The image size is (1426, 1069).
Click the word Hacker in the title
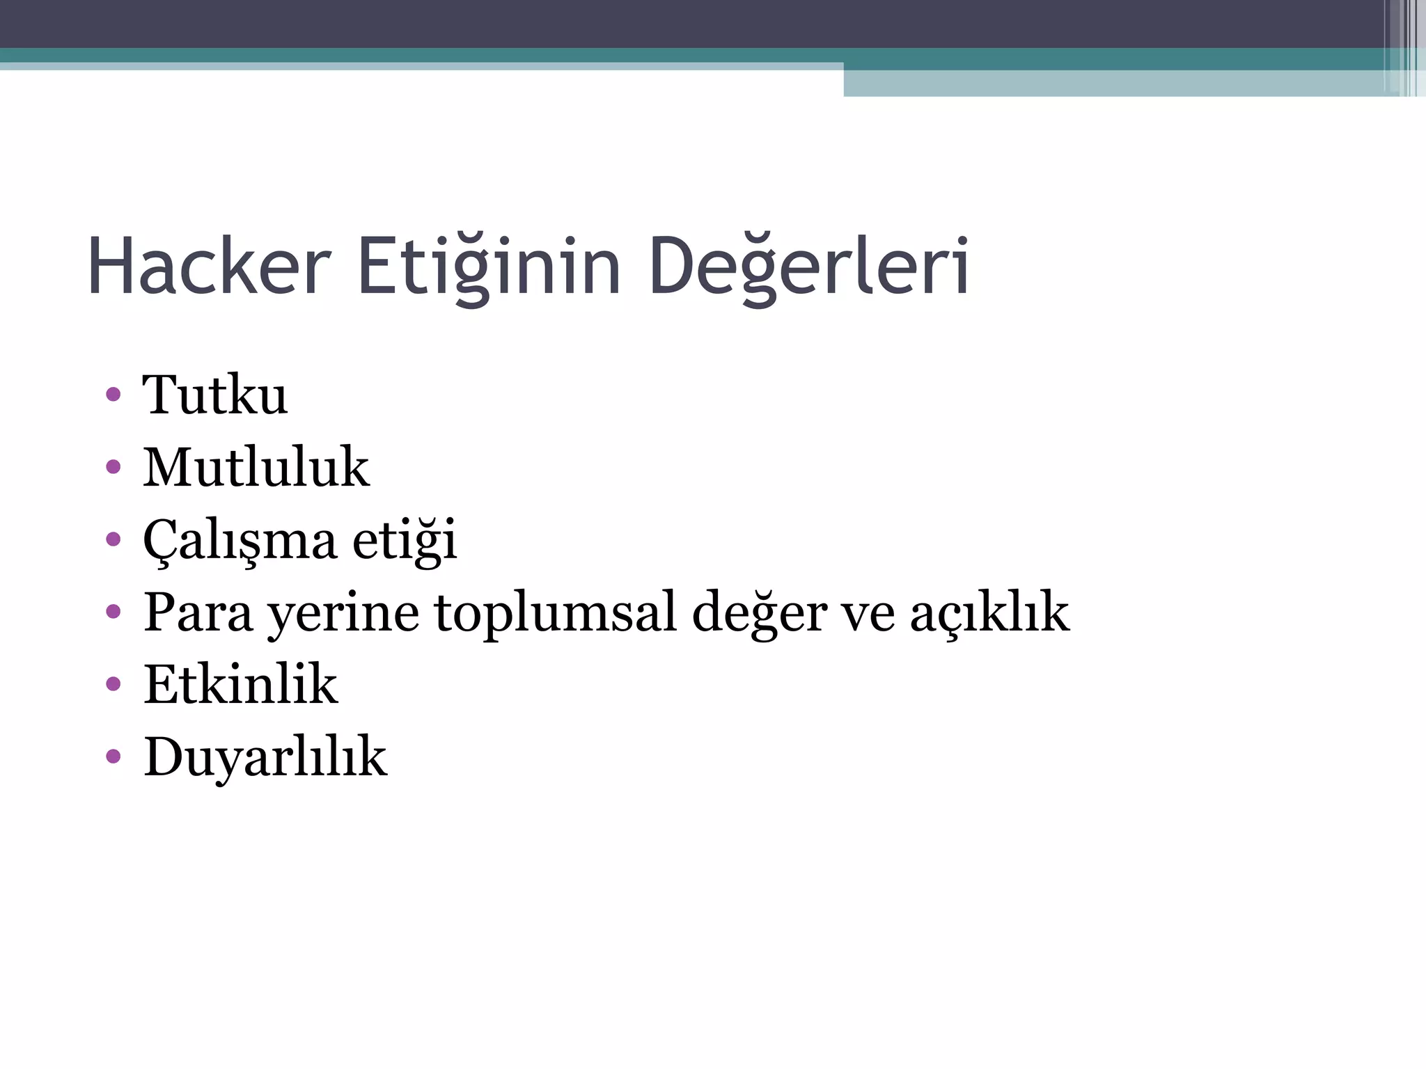pos(209,267)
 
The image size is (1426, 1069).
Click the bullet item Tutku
pos(215,395)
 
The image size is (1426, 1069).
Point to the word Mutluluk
pos(256,467)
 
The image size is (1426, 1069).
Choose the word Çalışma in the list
pos(240,541)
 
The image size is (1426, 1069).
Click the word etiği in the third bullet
pos(405,539)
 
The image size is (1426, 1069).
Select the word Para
pos(198,612)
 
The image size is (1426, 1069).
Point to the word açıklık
pos(989,612)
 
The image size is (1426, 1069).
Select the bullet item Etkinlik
pos(241,684)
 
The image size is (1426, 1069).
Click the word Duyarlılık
pos(265,757)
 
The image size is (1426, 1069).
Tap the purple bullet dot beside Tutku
pos(113,395)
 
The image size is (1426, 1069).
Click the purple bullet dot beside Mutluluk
pos(113,467)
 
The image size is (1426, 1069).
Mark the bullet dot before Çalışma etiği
pos(113,539)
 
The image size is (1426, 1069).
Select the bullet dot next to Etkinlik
pos(113,684)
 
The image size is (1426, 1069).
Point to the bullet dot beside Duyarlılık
pos(113,757)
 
